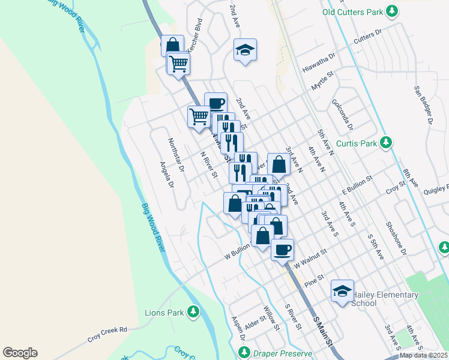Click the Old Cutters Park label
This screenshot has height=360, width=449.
point(352,11)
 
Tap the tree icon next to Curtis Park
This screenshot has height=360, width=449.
point(388,143)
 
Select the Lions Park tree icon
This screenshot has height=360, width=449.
point(193,312)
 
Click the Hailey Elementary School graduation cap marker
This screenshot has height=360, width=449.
point(342,292)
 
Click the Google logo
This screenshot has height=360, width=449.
point(20,353)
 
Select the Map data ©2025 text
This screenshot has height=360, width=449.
point(423,355)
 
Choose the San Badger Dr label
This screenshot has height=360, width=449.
point(423,104)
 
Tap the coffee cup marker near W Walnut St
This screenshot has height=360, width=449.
point(282,249)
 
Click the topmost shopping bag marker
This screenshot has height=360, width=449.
point(172,46)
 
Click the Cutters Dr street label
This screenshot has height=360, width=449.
point(368,36)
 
